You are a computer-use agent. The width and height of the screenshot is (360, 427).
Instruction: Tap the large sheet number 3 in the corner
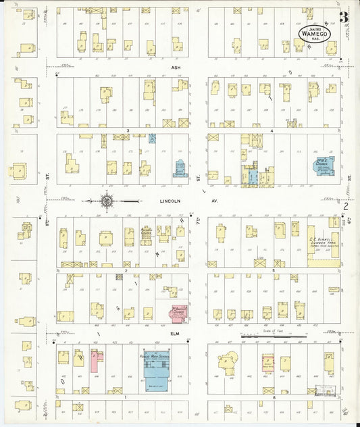pos(344,18)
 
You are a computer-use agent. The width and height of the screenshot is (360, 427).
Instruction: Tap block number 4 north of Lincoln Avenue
pos(272,130)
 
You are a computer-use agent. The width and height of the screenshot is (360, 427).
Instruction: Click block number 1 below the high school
pos(126,397)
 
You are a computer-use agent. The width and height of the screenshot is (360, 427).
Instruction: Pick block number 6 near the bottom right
pos(274,397)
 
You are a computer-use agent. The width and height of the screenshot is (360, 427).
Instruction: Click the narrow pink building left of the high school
pos(97,360)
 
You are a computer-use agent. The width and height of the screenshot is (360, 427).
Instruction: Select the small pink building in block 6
pos(267,362)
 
